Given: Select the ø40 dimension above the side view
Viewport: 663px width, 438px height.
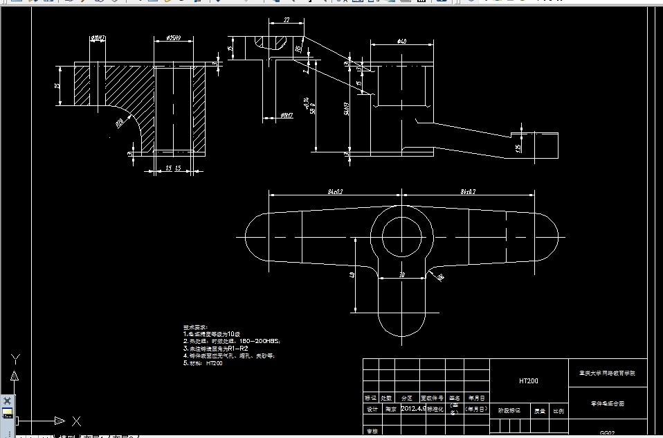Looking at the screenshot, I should (401, 42).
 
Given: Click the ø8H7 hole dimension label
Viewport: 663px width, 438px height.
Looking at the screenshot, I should (286, 114).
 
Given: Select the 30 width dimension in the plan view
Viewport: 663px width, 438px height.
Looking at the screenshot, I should (402, 276).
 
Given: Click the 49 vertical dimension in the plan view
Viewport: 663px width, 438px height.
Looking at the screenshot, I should (352, 275).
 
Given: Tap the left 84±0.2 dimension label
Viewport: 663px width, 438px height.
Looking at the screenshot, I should (335, 191).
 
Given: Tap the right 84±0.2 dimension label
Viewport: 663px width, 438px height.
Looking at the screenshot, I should (469, 191).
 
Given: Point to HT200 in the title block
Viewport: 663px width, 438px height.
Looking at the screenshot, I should (529, 380).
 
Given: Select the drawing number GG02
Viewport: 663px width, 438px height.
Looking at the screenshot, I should (607, 432).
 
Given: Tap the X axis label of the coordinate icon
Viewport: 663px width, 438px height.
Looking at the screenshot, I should (77, 421).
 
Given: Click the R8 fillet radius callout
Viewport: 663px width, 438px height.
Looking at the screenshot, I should (439, 278).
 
